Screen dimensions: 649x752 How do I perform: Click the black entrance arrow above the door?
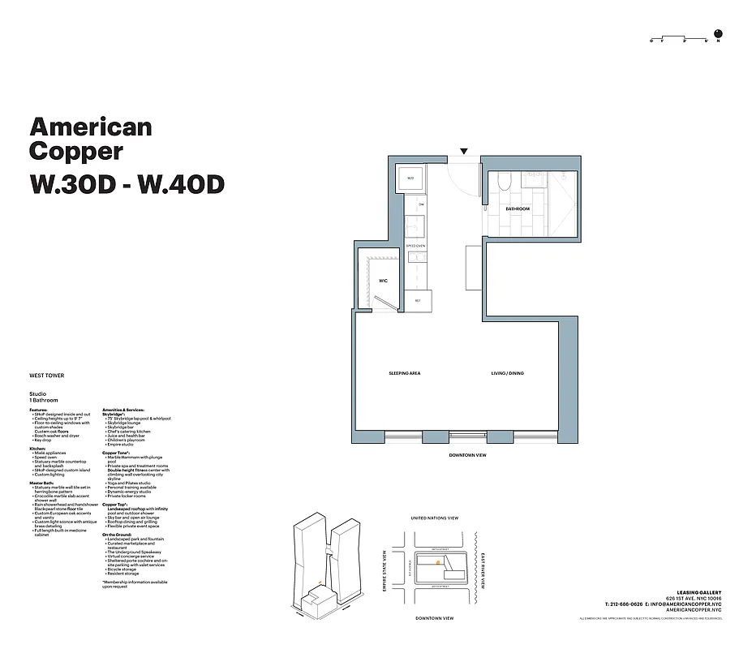click(x=463, y=151)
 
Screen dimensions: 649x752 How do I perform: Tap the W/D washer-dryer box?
click(x=410, y=178)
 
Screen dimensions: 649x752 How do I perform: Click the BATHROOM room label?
click(x=518, y=208)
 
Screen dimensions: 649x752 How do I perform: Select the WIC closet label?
click(x=383, y=281)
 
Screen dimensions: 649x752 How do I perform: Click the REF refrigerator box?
click(x=417, y=301)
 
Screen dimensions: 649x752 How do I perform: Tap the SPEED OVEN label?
click(x=416, y=244)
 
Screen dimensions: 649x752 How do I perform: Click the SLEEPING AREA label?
click(x=404, y=373)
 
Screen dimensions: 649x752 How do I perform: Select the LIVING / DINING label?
click(x=508, y=373)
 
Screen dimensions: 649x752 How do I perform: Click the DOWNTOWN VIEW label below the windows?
click(x=467, y=456)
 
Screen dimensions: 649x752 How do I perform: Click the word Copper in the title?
click(x=76, y=151)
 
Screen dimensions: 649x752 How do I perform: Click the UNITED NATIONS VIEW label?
click(x=435, y=518)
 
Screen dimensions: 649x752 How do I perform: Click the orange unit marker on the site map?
click(x=438, y=561)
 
